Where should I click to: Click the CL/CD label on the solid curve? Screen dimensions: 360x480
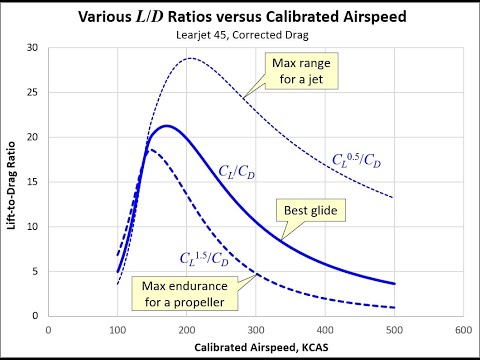tap(238, 171)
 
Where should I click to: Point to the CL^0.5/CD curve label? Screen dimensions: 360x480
tap(356, 158)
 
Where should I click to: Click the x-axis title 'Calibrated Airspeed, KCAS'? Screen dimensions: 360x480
tap(255, 346)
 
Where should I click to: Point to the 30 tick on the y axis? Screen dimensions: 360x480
tap(34, 48)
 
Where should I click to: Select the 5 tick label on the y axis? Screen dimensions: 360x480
tap(36, 271)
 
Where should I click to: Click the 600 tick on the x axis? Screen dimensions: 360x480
tap(462, 327)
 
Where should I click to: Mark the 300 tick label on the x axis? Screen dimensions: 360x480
tap(255, 327)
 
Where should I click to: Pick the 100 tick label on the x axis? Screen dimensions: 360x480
tap(117, 327)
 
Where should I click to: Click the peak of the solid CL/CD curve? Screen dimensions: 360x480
tap(167, 126)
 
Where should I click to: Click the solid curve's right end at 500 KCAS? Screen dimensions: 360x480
tap(394, 284)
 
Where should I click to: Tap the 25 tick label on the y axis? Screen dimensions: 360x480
tap(34, 93)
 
